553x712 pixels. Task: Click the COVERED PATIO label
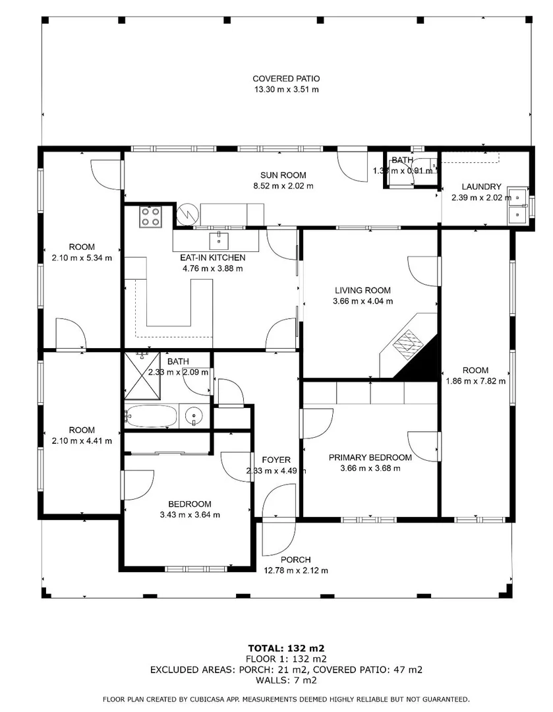click(x=286, y=78)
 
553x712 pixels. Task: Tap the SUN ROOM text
click(x=283, y=175)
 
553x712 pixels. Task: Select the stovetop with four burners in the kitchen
click(x=151, y=216)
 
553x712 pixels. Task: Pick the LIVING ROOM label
click(x=363, y=290)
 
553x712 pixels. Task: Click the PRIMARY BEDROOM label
click(x=370, y=458)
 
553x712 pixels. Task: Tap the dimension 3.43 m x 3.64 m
click(x=190, y=515)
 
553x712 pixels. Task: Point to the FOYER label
click(x=276, y=460)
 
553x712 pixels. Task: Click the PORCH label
click(x=295, y=560)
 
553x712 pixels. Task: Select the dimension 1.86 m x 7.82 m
click(x=475, y=380)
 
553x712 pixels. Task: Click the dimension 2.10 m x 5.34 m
click(x=82, y=258)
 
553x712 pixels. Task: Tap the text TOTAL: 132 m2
click(x=286, y=647)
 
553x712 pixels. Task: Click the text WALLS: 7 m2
click(x=286, y=680)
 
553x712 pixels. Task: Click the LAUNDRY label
click(x=481, y=187)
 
